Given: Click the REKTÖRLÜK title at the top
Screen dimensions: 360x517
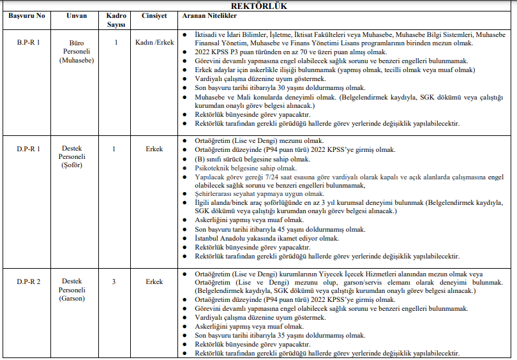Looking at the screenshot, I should [x=258, y=6].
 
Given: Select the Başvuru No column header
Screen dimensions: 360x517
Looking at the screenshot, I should [x=27, y=15].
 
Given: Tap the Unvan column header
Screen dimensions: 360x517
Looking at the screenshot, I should [x=77, y=15].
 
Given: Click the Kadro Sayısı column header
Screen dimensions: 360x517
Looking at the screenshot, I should [x=116, y=19].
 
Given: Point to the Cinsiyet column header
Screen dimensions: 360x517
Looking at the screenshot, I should [x=154, y=15].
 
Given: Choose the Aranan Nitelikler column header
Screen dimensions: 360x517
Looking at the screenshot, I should [x=211, y=15].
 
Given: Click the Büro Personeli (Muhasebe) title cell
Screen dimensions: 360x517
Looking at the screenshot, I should [x=77, y=51].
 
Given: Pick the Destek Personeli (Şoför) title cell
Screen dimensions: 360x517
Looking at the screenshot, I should [x=77, y=157].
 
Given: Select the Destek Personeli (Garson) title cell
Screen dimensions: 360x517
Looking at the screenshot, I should [x=77, y=289].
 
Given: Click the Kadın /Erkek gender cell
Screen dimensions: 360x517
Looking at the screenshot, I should [x=154, y=42].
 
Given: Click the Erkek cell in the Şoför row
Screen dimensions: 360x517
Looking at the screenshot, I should [x=154, y=149].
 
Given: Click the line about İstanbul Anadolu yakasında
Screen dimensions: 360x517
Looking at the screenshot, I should [x=267, y=237].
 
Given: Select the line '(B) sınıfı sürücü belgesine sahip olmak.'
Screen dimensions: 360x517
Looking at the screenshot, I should [x=252, y=159].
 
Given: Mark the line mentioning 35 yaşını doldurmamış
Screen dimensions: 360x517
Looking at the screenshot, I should [x=280, y=335].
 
